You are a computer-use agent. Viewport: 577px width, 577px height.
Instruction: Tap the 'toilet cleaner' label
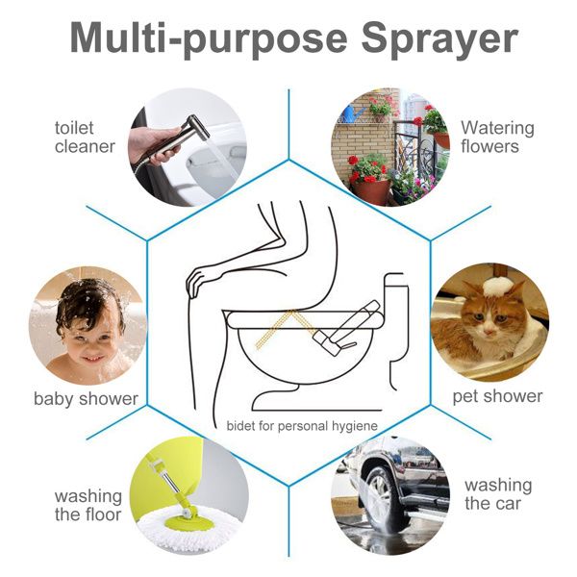pyautogui.click(x=85, y=137)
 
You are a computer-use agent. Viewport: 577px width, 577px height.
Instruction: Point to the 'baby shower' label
pyautogui.click(x=86, y=398)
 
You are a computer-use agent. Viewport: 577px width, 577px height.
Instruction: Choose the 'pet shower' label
pyautogui.click(x=497, y=396)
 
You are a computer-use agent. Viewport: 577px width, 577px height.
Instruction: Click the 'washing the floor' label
pyautogui.click(x=88, y=505)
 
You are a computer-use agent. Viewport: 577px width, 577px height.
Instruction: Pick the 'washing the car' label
pyautogui.click(x=497, y=493)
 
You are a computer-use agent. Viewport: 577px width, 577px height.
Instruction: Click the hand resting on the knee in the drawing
pyautogui.click(x=203, y=282)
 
